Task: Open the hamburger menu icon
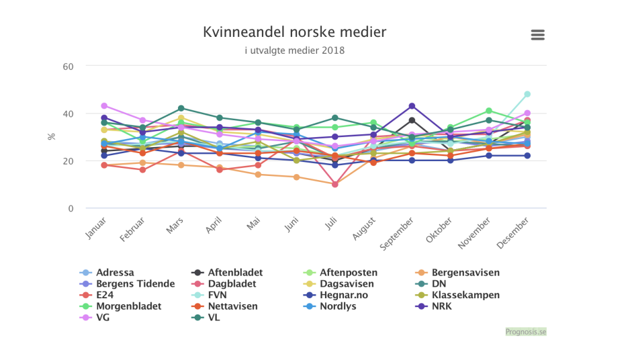pos(537,35)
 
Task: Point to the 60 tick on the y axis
pos(69,66)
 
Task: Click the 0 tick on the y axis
pos(71,208)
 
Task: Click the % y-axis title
pos(52,137)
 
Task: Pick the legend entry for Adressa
pos(115,273)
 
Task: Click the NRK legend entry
pos(441,306)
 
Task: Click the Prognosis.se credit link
pos(525,332)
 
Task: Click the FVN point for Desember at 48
pos(527,94)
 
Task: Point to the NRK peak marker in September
pos(412,106)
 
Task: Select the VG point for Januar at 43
pos(104,106)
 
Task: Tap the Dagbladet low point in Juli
pos(335,184)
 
